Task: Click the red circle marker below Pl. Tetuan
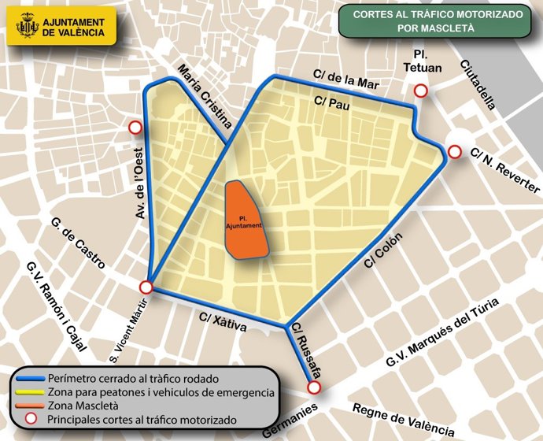pyautogui.click(x=421, y=91)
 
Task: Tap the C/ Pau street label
pyautogui.click(x=331, y=102)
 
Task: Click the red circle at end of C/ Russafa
pyautogui.click(x=314, y=387)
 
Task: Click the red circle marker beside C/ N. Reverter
pyautogui.click(x=454, y=152)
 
